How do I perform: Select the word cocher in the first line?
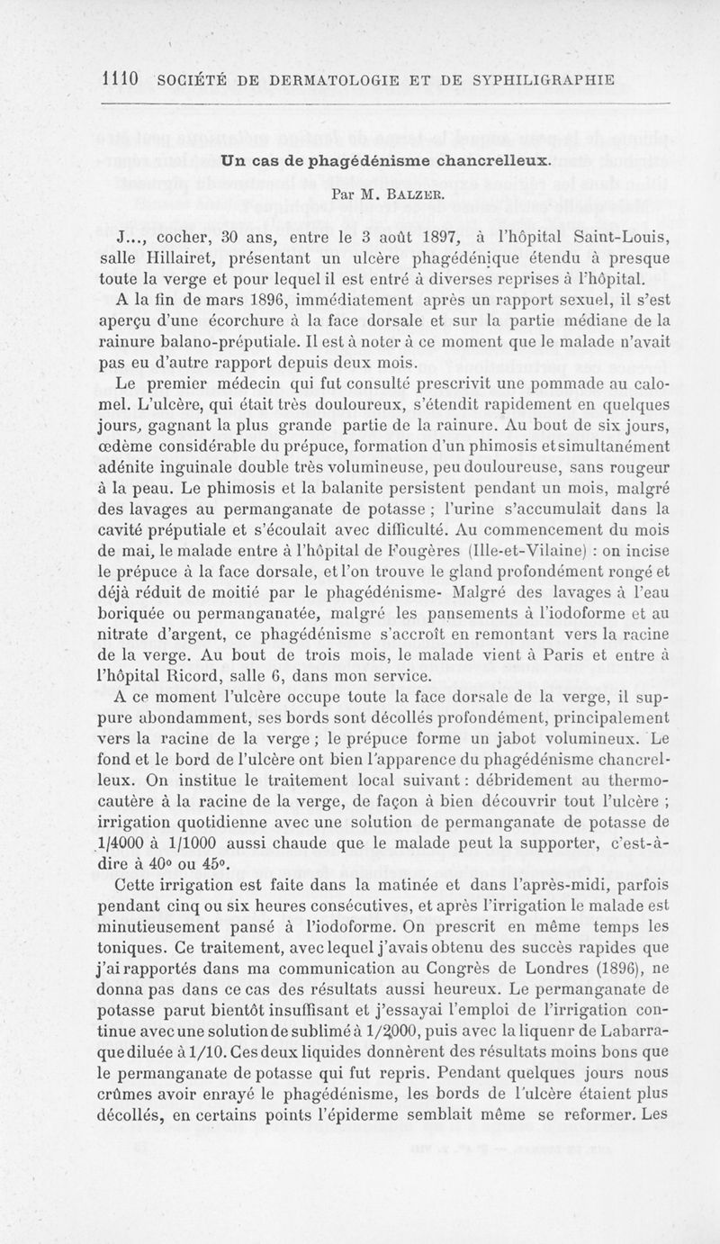187,238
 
